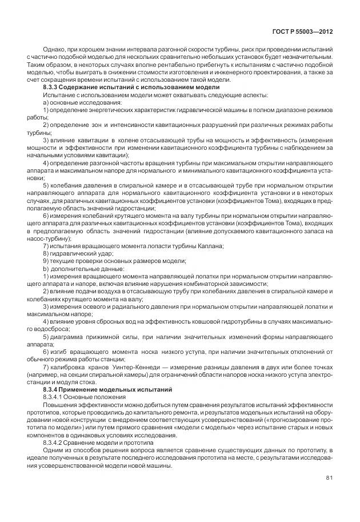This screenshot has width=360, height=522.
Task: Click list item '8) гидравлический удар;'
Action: [x=78, y=253]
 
